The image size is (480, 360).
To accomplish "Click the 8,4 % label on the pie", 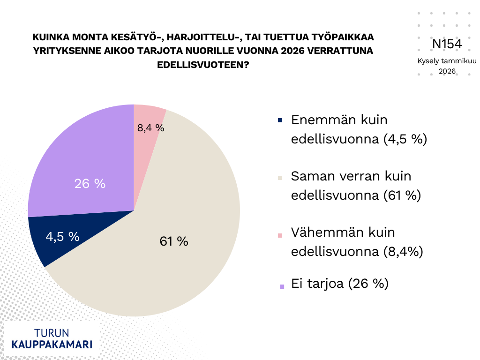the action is point(150,127).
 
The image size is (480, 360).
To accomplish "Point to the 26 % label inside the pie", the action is point(90,184).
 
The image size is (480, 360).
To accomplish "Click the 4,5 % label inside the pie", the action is point(63,237).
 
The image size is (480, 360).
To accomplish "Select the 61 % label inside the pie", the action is point(173,241).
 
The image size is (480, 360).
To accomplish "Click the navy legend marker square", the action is point(280,120).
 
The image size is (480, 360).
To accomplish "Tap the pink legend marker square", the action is point(280,235).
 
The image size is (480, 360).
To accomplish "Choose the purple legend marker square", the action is point(282,286).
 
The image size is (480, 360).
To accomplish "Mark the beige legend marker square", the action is point(280,178).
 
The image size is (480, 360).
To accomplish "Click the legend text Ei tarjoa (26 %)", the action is point(340,284).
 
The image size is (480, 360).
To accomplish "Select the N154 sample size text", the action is point(447,44).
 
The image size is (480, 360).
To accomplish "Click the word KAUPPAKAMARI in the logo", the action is point(52,344).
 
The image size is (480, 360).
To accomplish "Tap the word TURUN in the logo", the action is point(52,333).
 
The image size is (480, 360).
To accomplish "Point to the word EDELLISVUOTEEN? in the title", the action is point(203,65).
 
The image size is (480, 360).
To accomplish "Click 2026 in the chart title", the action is point(292,51).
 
